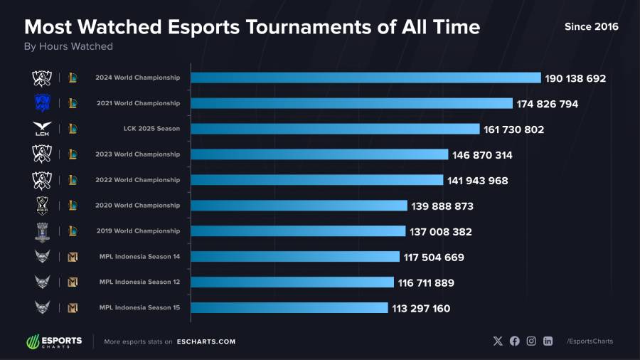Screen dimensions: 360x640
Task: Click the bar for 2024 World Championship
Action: tap(366, 78)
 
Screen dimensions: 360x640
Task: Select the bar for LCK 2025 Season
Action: tap(335, 129)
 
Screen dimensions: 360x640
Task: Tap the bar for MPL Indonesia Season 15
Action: tap(289, 308)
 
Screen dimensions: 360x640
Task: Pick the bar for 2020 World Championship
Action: tap(299, 206)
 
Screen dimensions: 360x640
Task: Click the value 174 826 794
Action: tap(548, 104)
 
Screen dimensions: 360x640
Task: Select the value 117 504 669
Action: tap(434, 258)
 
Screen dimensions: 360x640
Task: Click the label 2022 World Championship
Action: tap(138, 180)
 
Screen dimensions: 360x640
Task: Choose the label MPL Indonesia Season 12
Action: tap(139, 282)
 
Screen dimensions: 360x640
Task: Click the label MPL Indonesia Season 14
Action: tap(139, 257)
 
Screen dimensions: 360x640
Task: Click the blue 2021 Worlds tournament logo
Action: tap(42, 103)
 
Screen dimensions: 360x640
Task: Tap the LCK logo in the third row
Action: tap(42, 129)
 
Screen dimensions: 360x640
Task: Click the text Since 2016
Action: tap(591, 26)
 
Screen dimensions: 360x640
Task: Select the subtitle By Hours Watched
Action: tap(68, 46)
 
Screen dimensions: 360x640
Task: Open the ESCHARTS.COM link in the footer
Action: tap(206, 342)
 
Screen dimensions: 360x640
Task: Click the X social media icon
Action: tap(498, 341)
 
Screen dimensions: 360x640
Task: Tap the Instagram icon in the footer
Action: tap(531, 341)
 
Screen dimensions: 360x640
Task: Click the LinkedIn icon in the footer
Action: tap(548, 341)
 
